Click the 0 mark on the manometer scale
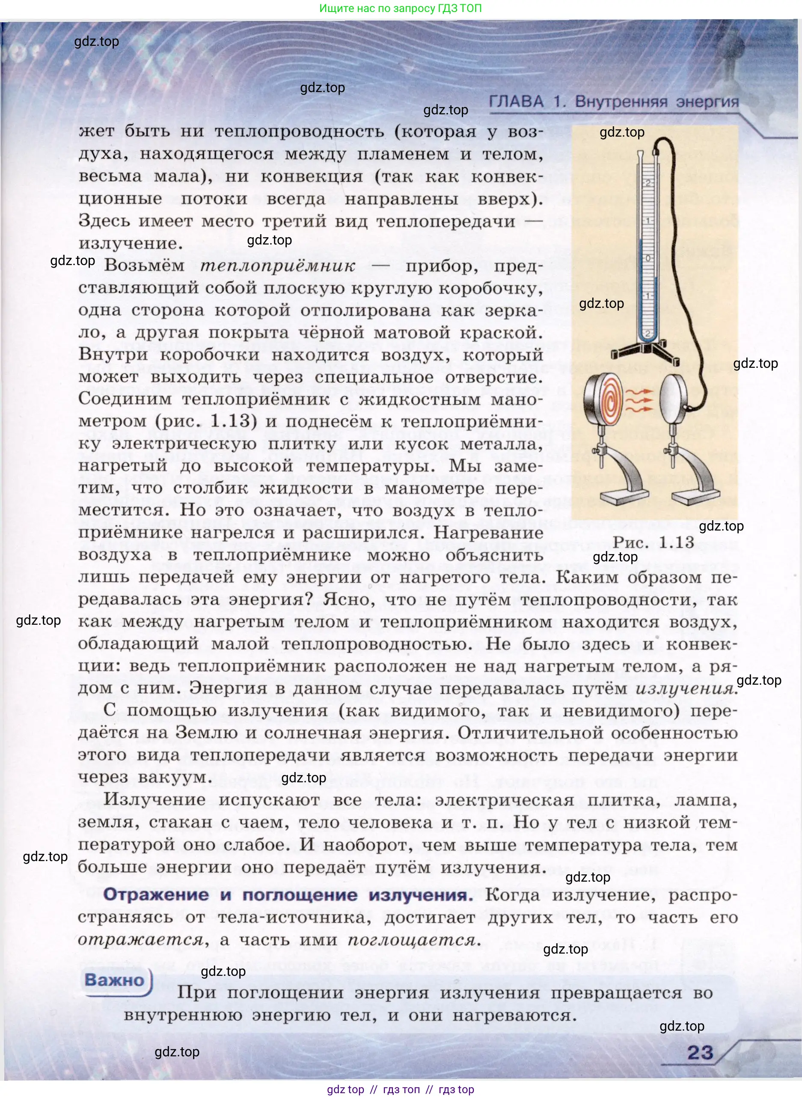(x=648, y=258)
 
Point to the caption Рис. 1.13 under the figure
(x=653, y=542)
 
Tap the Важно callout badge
(x=115, y=980)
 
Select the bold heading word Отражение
(x=156, y=895)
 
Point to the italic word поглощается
(x=413, y=940)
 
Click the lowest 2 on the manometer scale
(x=648, y=334)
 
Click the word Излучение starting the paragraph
(x=154, y=800)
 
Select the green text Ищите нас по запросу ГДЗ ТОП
(x=401, y=8)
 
